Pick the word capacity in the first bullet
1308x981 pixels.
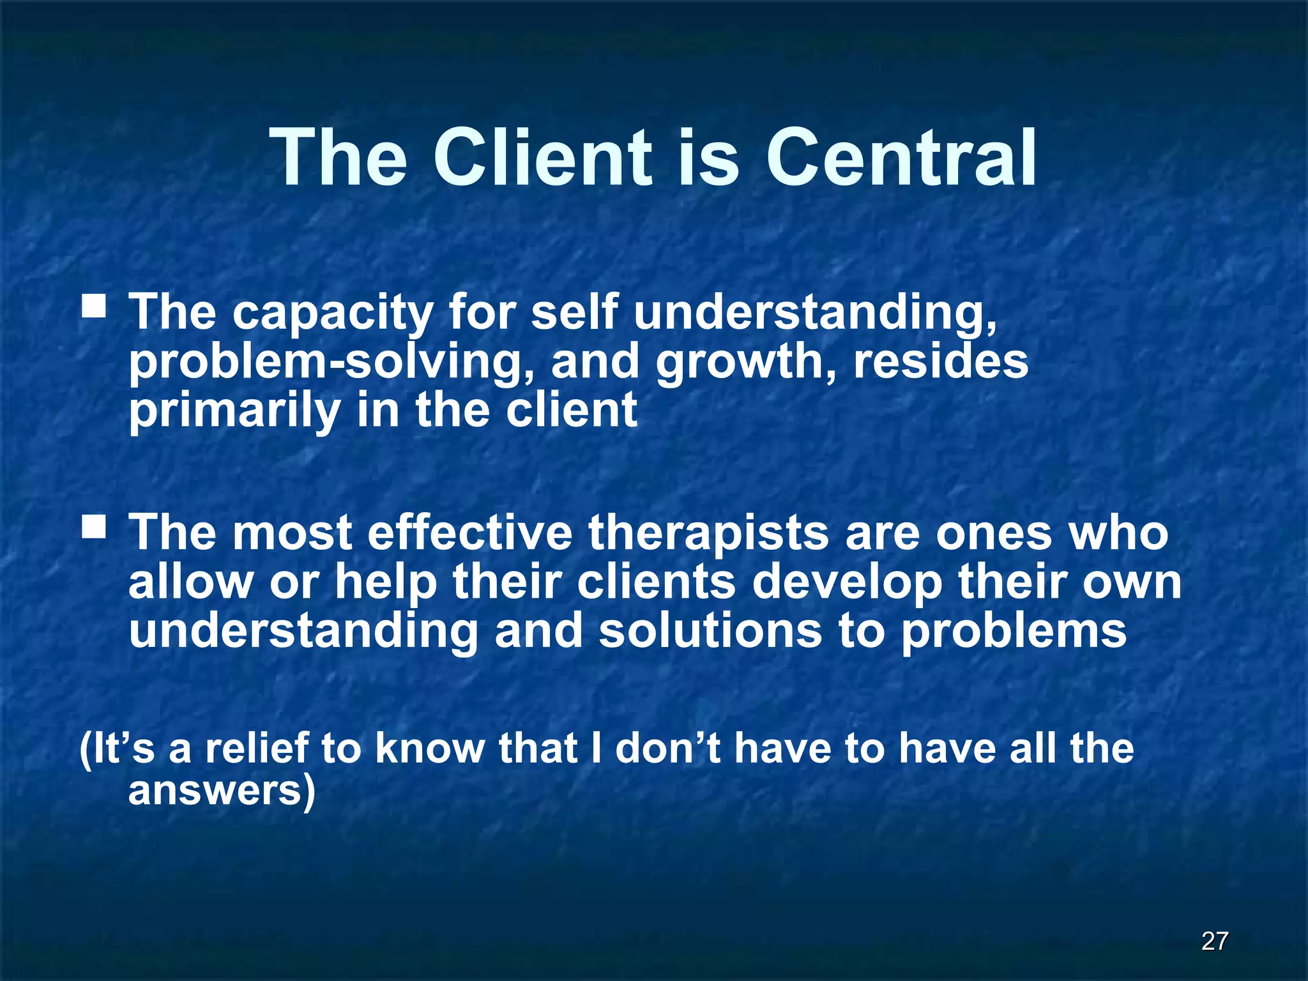pyautogui.click(x=332, y=314)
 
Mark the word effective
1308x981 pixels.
pyautogui.click(x=470, y=533)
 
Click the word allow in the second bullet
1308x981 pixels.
pyautogui.click(x=190, y=582)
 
